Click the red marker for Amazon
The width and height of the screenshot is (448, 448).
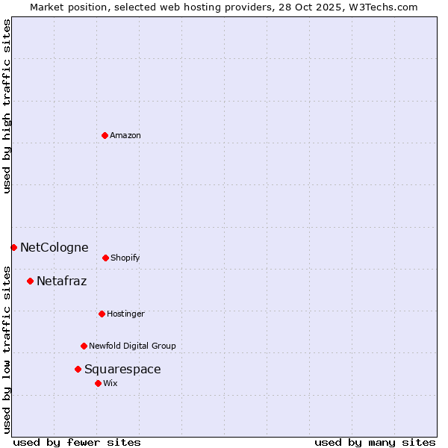(x=105, y=135)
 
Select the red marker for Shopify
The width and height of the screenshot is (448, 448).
(x=105, y=258)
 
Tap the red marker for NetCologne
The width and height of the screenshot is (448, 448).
(x=13, y=247)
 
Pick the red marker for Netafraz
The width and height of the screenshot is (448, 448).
(x=30, y=281)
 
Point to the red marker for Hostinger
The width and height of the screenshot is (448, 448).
(x=102, y=314)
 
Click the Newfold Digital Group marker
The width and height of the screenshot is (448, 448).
(x=84, y=346)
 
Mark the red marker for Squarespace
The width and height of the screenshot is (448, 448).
(x=78, y=369)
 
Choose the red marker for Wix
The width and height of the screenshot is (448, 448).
(x=98, y=383)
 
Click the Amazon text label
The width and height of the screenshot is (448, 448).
(x=125, y=135)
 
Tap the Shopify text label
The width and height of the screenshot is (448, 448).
(x=125, y=258)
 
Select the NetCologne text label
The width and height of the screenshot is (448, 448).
(x=54, y=247)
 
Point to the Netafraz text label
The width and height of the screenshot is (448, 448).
(x=61, y=281)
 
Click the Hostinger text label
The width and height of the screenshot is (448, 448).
(x=125, y=314)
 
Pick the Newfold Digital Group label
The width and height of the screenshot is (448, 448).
(x=132, y=346)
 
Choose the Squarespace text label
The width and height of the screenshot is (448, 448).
(x=122, y=369)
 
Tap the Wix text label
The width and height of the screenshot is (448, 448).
(x=111, y=383)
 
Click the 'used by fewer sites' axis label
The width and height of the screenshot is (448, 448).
(x=77, y=442)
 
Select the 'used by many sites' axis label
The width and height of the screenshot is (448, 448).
(x=375, y=442)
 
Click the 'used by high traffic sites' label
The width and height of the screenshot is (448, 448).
(x=7, y=106)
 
